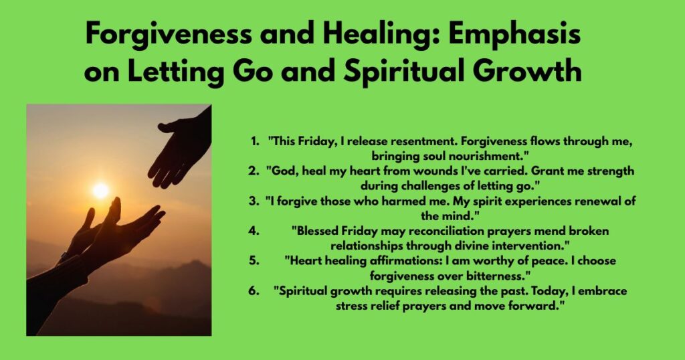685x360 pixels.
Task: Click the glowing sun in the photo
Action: [x=100, y=191]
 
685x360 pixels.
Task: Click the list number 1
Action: [x=254, y=142]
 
